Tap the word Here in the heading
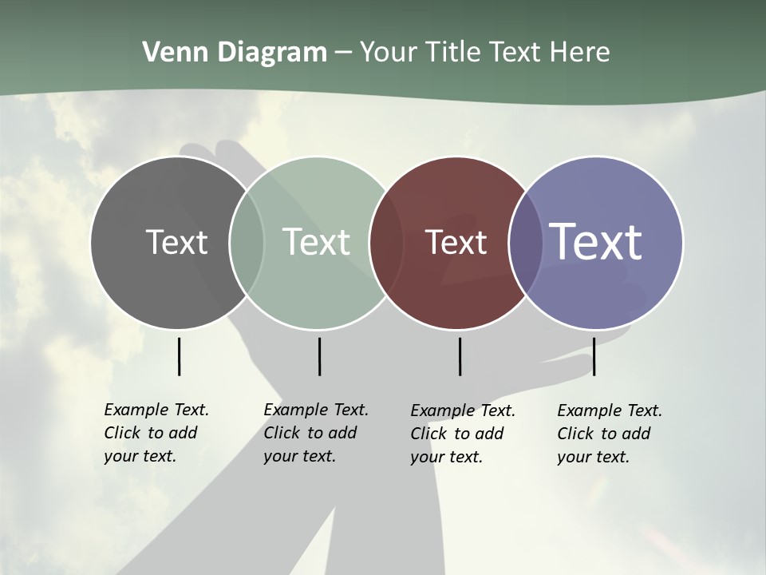580,53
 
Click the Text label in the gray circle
176,242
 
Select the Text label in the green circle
316,242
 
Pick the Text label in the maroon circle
456,242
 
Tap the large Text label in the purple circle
596,241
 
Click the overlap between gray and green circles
247,242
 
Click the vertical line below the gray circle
179,356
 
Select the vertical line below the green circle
319,356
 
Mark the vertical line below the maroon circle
460,356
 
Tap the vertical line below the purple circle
594,356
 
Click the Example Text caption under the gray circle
156,433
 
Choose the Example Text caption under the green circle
315,433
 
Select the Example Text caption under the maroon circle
462,434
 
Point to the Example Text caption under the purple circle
609,434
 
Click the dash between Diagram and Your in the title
343,53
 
